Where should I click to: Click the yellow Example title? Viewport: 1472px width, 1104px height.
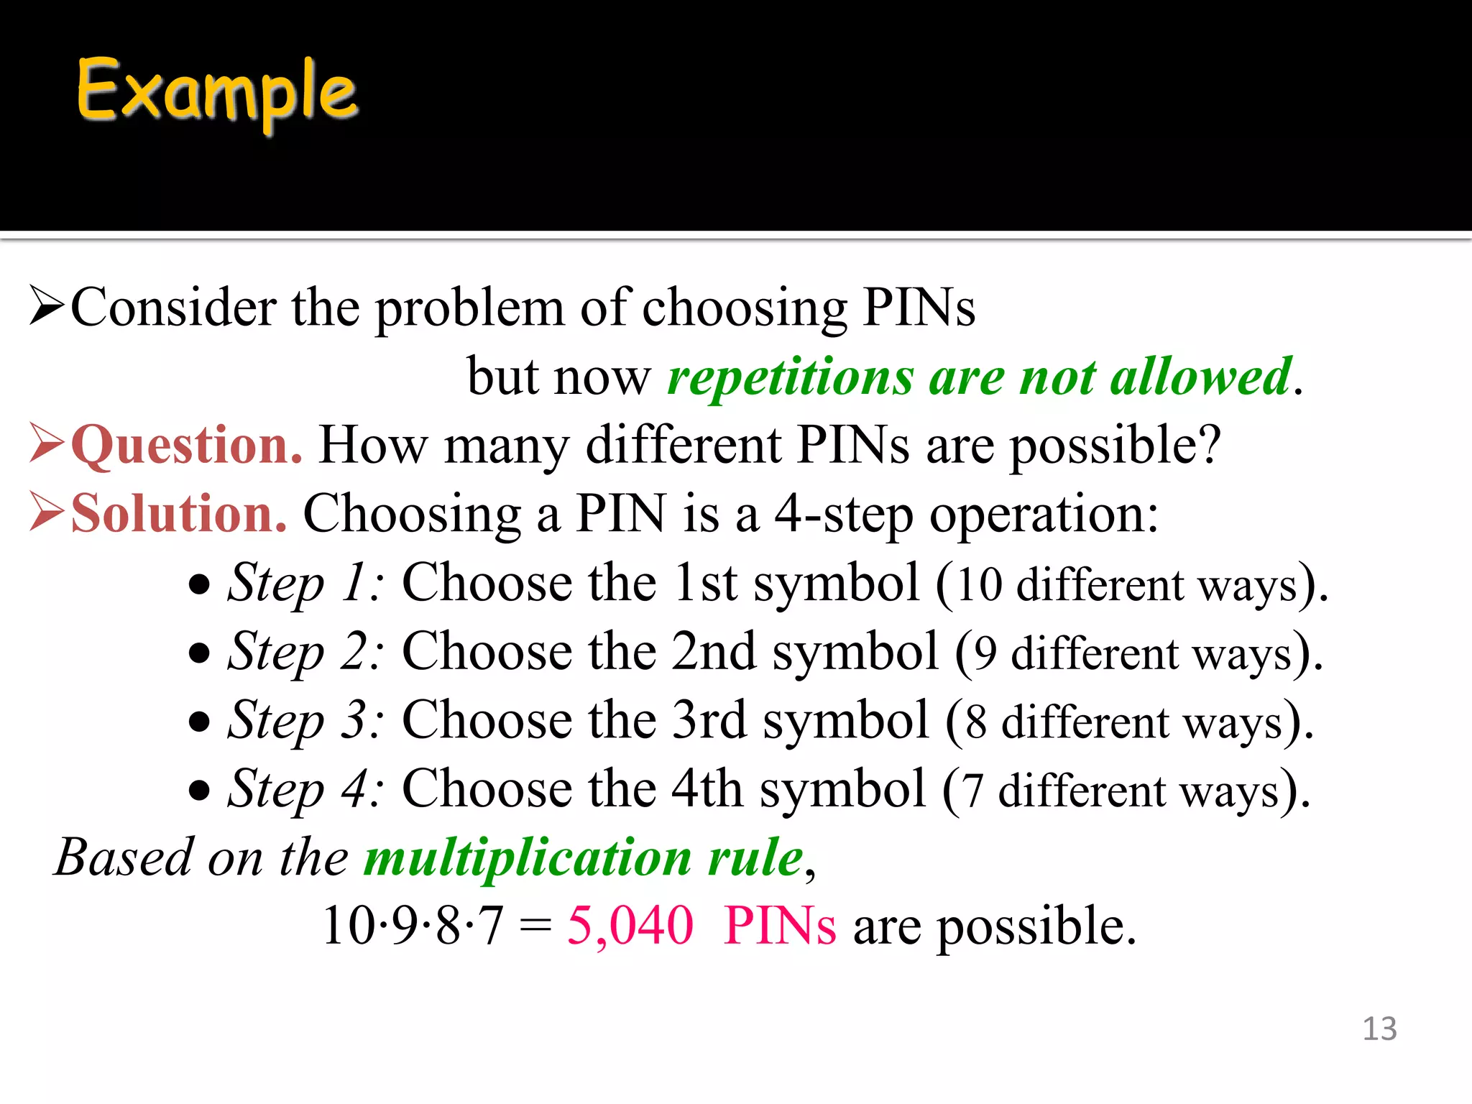point(216,92)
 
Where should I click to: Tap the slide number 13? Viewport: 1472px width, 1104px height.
point(1379,1029)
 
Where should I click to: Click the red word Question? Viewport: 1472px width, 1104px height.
point(186,446)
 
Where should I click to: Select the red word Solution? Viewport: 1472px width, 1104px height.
point(179,515)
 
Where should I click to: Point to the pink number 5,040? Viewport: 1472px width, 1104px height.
point(630,926)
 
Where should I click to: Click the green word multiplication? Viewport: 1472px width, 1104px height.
point(527,858)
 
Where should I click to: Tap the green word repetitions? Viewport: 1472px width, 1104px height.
point(790,378)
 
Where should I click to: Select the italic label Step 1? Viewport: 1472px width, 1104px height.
point(305,583)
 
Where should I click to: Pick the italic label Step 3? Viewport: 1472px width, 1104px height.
point(305,721)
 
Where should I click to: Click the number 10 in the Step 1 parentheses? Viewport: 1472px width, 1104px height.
point(979,584)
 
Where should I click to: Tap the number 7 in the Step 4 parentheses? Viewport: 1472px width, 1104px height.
point(972,791)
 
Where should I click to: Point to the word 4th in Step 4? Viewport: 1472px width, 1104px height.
point(707,789)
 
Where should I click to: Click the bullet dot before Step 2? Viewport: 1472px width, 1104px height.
point(199,653)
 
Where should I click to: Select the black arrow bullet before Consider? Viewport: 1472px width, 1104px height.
point(47,306)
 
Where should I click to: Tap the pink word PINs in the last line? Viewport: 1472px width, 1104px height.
point(780,926)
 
